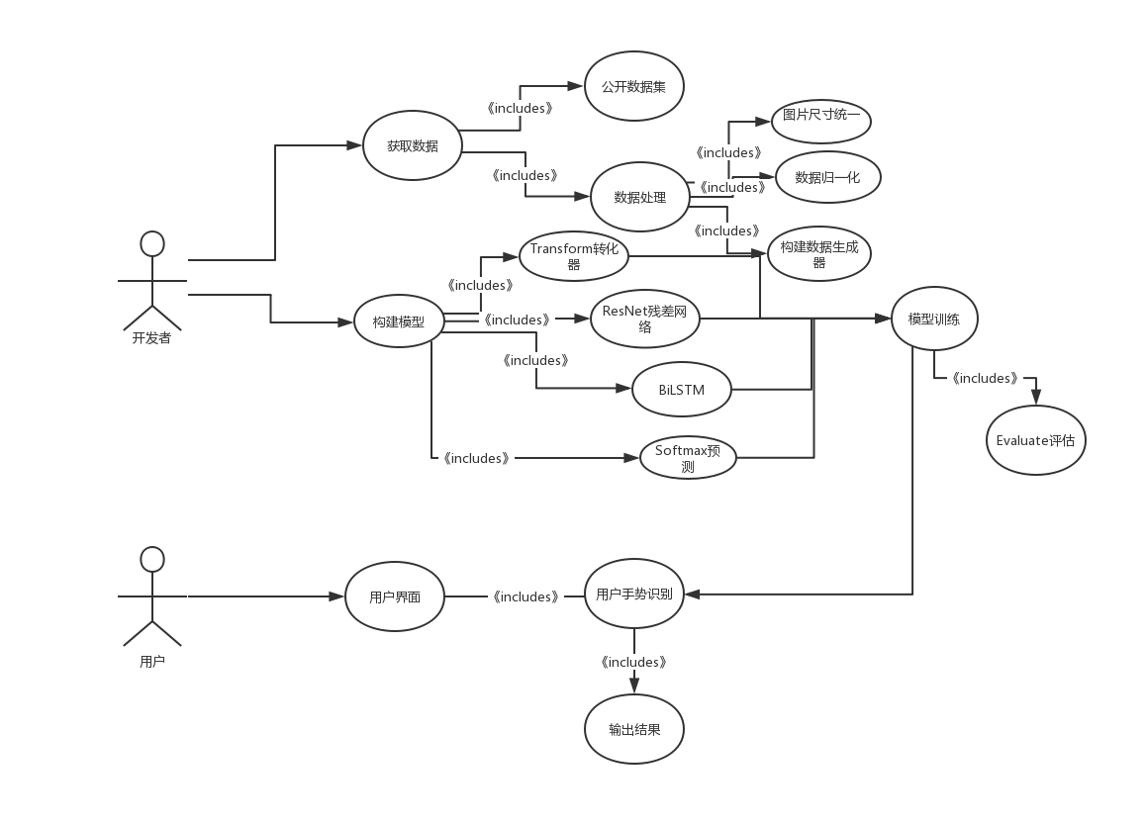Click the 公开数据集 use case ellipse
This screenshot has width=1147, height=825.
(x=634, y=86)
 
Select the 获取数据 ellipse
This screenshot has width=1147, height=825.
(x=413, y=145)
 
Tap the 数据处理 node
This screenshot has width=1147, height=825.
(x=640, y=197)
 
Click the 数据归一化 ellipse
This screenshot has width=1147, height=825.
(x=827, y=177)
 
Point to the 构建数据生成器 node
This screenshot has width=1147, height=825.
(x=819, y=254)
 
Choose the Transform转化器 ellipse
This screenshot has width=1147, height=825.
(x=574, y=256)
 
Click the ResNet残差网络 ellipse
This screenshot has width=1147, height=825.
(x=645, y=319)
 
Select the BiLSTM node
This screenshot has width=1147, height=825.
(x=681, y=389)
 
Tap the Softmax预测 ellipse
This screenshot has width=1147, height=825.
(x=688, y=458)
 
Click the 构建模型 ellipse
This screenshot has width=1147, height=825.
(x=399, y=321)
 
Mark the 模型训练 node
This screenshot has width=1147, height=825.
(x=934, y=319)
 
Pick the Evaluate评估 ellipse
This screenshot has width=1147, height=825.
(x=1036, y=440)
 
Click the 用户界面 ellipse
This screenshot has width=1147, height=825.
(x=395, y=596)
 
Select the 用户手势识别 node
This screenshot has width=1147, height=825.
(x=634, y=594)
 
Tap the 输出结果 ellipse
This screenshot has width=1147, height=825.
(x=634, y=729)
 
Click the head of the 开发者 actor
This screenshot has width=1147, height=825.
(x=152, y=243)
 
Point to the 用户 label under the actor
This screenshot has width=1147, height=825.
(x=152, y=661)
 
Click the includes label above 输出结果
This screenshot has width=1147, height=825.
(x=633, y=662)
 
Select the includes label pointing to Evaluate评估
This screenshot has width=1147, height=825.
(x=985, y=378)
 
